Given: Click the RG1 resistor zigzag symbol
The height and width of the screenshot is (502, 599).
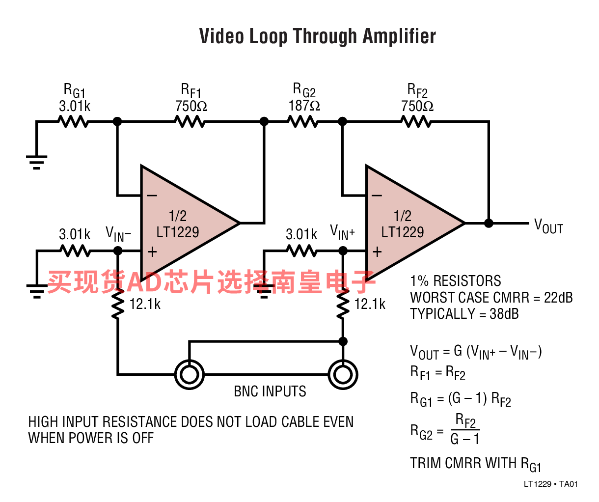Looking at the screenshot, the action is coord(74,121).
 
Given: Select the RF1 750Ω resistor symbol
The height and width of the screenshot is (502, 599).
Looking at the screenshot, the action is coord(190,121).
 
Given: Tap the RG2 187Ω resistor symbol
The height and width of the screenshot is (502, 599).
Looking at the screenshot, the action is coord(303,121).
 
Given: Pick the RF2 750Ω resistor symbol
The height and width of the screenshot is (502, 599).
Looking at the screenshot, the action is coord(416,121).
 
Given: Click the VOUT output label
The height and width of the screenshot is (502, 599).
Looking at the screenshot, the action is coord(548,226).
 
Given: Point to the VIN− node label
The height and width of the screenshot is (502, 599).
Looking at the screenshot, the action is coord(118,234).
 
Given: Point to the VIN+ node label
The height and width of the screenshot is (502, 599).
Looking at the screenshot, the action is coord(342,232).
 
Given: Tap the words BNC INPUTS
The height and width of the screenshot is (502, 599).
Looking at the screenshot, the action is coord(270,391).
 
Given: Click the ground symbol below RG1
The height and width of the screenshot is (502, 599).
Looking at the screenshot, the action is coord(37,162).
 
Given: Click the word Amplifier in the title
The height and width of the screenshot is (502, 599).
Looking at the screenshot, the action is coord(399,36).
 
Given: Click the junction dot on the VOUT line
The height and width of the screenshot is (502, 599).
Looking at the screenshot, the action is coord(489,223).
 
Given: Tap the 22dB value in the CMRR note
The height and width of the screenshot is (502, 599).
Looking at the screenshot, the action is coord(558,297).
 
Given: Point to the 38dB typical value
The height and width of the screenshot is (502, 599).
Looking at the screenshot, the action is coord(504,314).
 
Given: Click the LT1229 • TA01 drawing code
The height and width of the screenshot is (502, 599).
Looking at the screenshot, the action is coord(550,484).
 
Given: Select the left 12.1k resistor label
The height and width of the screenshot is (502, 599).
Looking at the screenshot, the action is coord(145,304).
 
